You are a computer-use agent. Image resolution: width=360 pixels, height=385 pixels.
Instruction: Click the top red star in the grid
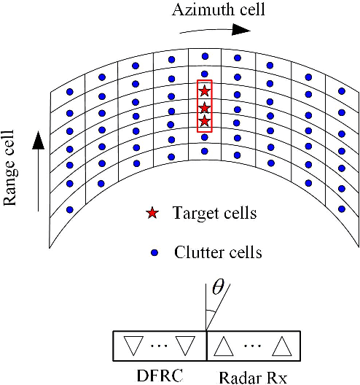205,91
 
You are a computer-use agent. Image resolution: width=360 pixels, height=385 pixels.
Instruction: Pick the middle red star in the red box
205,106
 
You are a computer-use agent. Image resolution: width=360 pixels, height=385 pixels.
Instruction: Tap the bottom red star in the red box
205,121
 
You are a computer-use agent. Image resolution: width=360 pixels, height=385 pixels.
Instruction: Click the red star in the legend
152,214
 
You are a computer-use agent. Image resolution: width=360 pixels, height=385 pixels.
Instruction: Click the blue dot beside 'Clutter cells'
153,254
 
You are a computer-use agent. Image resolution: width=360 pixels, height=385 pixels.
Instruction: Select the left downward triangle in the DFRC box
132,346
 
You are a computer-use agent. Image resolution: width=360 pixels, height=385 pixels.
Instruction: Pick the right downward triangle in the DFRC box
186,346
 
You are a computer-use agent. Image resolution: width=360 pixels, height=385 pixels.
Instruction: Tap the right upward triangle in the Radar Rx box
281,346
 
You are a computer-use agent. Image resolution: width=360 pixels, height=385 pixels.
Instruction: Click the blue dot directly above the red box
205,74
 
